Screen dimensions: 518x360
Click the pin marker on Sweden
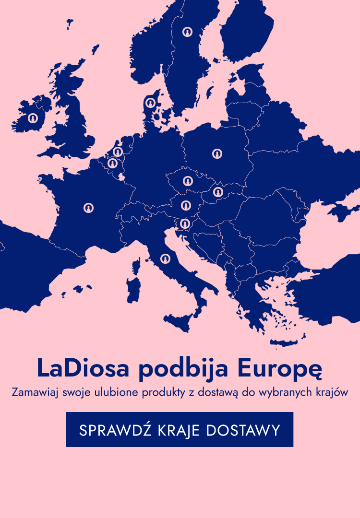click(x=187, y=32)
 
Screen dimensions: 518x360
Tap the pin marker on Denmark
click(x=150, y=103)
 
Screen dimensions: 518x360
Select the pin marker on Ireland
click(x=33, y=118)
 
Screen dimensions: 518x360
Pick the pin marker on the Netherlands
click(x=118, y=152)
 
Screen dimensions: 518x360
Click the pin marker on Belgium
click(x=113, y=164)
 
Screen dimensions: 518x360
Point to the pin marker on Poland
click(x=217, y=153)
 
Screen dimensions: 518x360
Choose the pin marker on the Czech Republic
click(x=187, y=181)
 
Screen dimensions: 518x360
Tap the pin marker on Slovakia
click(x=218, y=192)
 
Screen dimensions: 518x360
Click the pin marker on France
click(x=88, y=208)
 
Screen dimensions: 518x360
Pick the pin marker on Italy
click(x=166, y=259)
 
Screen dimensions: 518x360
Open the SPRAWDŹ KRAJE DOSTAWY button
click(x=180, y=429)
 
